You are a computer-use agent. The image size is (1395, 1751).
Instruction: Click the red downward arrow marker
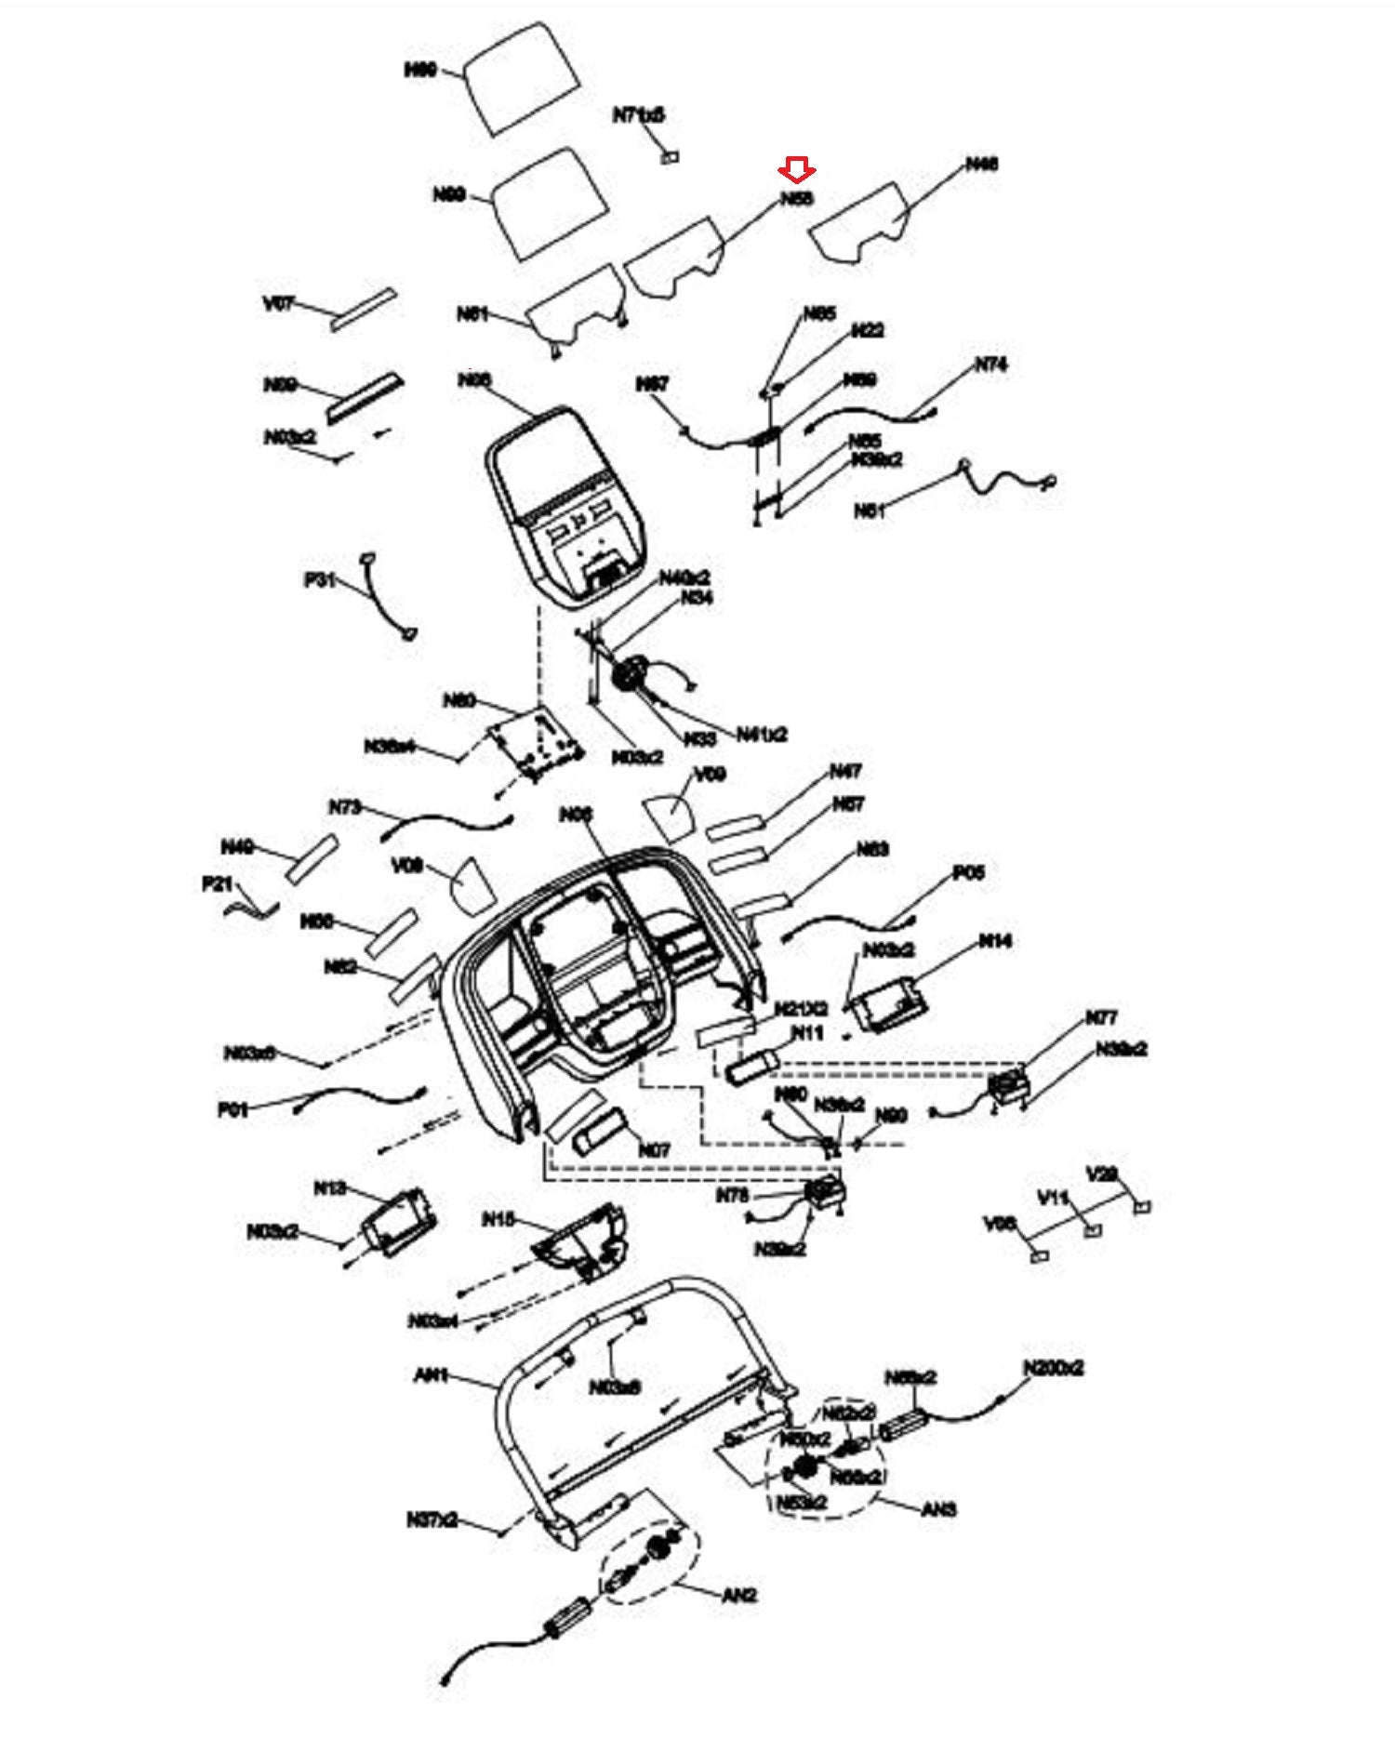coord(797,169)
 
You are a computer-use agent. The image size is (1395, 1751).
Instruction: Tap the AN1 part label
coord(431,1374)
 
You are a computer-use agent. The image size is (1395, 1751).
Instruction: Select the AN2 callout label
coord(739,1596)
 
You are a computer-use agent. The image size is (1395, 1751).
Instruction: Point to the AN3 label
coord(938,1508)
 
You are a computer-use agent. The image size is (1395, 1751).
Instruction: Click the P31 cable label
coord(319,579)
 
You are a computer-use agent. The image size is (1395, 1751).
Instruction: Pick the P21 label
coord(217,883)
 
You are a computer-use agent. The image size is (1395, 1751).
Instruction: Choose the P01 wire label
coord(232,1109)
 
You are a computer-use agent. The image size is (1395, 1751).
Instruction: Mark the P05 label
coord(968,873)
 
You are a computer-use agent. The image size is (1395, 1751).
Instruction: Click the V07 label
coord(279,303)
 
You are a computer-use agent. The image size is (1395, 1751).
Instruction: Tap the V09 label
coord(710,774)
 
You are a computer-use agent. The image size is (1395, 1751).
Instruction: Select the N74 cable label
coord(990,365)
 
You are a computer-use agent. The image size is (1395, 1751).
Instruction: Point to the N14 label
coord(994,941)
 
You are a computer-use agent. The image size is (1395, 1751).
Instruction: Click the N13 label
coord(329,1187)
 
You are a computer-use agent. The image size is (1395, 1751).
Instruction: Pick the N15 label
coord(498,1219)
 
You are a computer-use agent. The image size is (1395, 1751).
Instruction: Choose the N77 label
coord(1101,1017)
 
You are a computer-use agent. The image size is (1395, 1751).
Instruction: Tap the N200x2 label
coord(1053,1368)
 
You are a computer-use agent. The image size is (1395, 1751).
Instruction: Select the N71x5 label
coord(638,115)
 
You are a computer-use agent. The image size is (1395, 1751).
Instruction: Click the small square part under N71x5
coord(669,157)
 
